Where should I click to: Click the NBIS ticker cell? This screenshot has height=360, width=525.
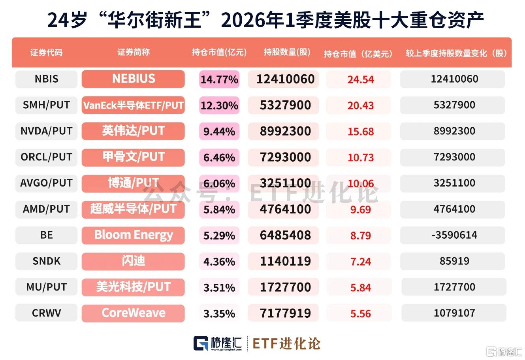[x=46, y=79]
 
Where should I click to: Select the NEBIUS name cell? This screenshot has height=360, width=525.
[x=133, y=79]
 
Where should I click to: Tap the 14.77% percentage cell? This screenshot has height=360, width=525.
[x=219, y=79]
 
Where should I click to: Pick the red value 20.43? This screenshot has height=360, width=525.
[x=361, y=106]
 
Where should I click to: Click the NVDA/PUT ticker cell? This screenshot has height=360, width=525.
[x=46, y=131]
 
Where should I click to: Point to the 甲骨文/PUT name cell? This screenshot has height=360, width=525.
[x=133, y=157]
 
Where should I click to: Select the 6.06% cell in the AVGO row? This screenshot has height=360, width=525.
[x=219, y=183]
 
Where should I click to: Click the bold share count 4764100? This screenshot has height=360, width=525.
[x=286, y=209]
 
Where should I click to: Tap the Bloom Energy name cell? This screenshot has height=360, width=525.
[x=133, y=235]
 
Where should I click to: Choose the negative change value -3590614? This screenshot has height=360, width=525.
[x=454, y=235]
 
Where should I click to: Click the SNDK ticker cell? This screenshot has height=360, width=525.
[x=46, y=261]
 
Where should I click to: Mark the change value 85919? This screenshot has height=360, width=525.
[x=454, y=261]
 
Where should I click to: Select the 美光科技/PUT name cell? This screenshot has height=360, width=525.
[x=133, y=287]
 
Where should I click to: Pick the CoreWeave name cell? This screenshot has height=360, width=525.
[x=133, y=313]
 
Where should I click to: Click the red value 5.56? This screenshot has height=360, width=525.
[x=361, y=314]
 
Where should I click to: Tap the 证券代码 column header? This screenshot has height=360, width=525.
[x=46, y=53]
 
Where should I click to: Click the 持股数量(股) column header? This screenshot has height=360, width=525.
[x=287, y=52]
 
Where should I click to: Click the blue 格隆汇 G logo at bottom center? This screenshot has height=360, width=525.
[x=201, y=343]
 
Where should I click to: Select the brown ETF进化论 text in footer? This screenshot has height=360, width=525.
[x=286, y=344]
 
